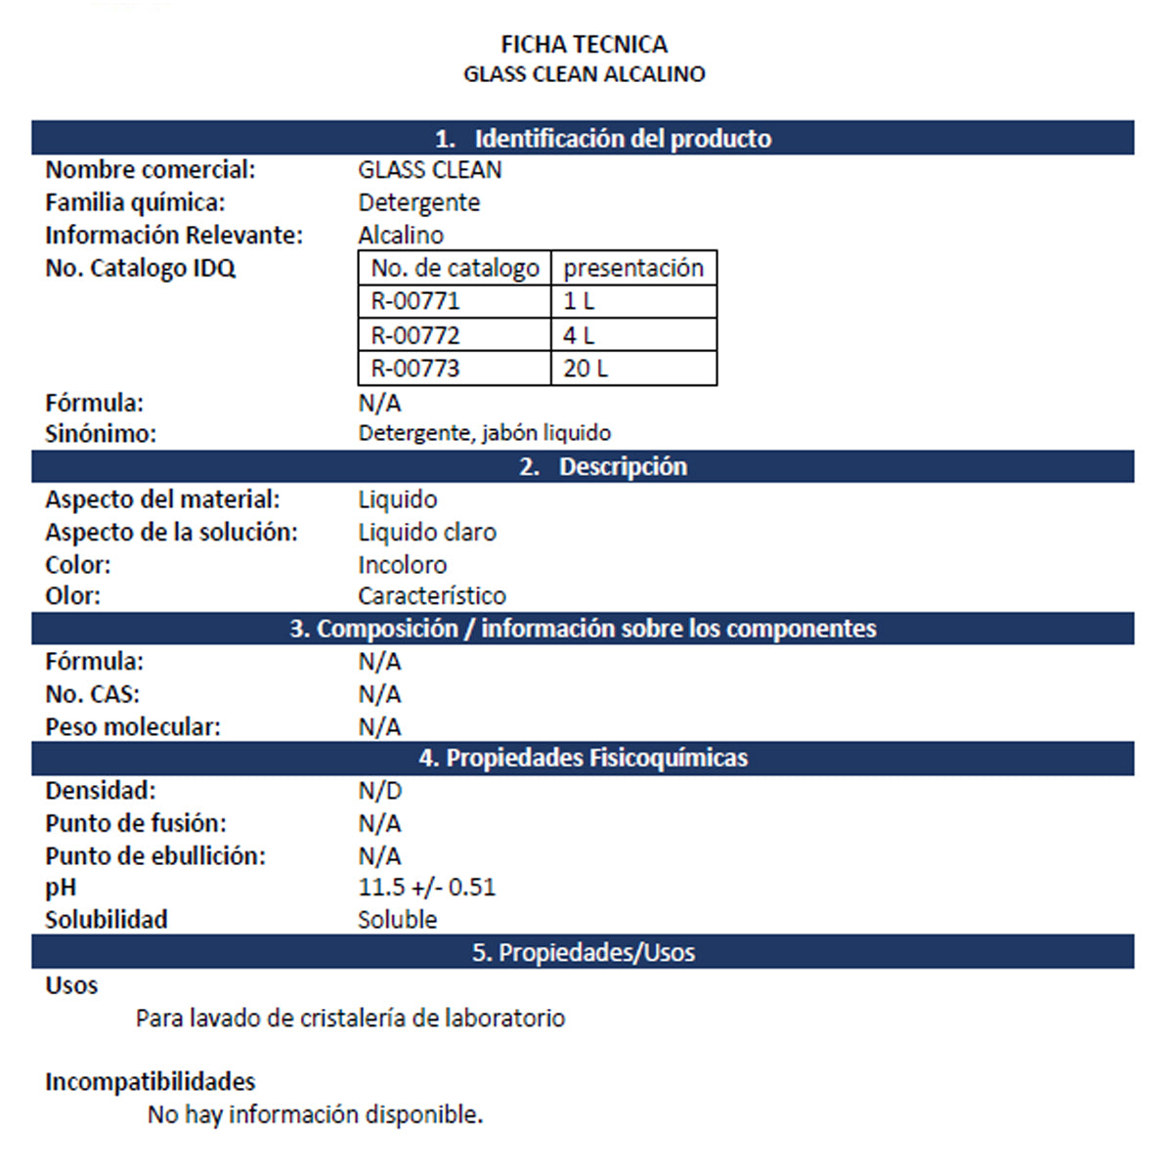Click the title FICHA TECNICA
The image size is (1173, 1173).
click(x=584, y=44)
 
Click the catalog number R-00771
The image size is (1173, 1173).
click(x=414, y=301)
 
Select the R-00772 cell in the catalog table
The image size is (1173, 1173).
click(x=414, y=335)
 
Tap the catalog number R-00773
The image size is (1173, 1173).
click(x=414, y=369)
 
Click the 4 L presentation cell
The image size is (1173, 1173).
click(x=579, y=335)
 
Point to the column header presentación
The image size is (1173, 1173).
click(x=633, y=268)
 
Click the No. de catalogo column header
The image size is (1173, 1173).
click(x=455, y=268)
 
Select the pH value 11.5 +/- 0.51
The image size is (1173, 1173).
click(x=426, y=888)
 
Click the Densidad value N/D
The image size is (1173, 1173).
click(x=379, y=791)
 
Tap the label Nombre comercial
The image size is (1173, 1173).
click(x=150, y=170)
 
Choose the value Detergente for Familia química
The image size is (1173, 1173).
click(x=418, y=203)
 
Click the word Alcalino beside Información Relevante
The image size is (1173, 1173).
click(x=401, y=236)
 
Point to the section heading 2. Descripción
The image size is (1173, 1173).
click(x=603, y=467)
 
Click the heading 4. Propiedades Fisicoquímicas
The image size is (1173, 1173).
click(x=584, y=759)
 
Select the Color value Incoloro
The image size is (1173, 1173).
click(x=402, y=565)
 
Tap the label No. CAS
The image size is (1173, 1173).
click(x=92, y=694)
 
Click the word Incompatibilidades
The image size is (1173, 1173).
click(x=150, y=1082)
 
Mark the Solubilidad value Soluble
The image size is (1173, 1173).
click(x=397, y=920)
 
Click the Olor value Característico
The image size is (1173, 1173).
click(x=431, y=596)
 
